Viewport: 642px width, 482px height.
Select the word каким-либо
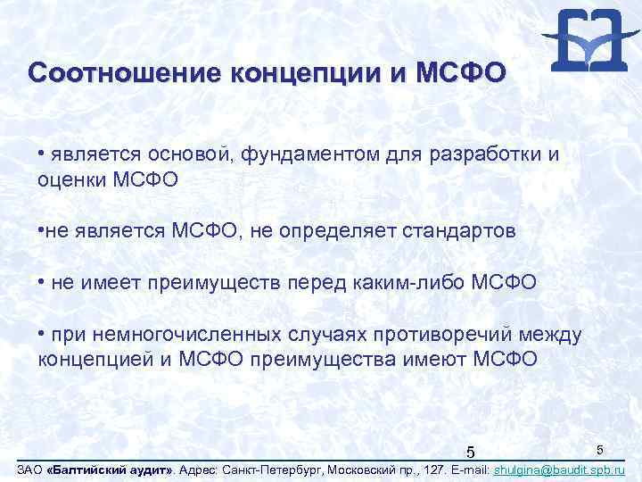[420, 283]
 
